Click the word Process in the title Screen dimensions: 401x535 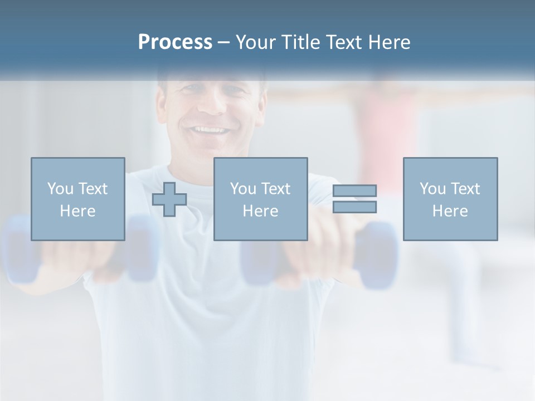point(175,42)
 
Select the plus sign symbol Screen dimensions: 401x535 point(169,199)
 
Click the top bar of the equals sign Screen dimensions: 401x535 point(354,191)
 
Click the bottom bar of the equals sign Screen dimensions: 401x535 point(354,207)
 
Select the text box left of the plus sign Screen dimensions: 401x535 point(78,199)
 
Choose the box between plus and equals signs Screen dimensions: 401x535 point(261,199)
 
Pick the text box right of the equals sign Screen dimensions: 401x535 point(450,199)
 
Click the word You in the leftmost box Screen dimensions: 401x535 point(60,189)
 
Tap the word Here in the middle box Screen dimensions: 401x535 point(261,211)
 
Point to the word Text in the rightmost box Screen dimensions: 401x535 point(465,189)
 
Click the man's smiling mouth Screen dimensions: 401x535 point(210,131)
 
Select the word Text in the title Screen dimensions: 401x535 point(344,42)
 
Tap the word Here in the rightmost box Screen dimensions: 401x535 point(450,211)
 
